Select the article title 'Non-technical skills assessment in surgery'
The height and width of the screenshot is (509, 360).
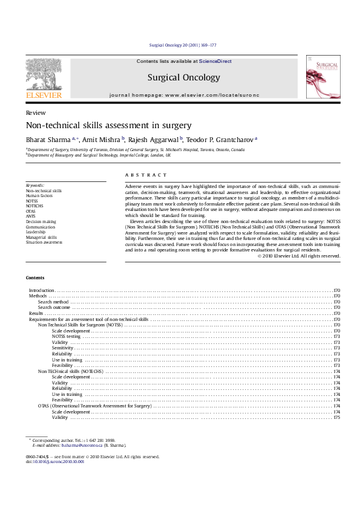[x=108, y=126]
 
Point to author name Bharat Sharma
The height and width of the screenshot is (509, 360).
[x=48, y=139]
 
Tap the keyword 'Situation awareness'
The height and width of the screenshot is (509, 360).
[x=44, y=242]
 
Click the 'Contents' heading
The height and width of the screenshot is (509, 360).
[x=35, y=277]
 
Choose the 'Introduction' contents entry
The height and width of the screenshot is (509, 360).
[x=42, y=291]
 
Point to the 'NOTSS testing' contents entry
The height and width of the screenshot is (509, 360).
[x=66, y=336]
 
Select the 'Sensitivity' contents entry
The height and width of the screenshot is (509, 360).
[x=62, y=348]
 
